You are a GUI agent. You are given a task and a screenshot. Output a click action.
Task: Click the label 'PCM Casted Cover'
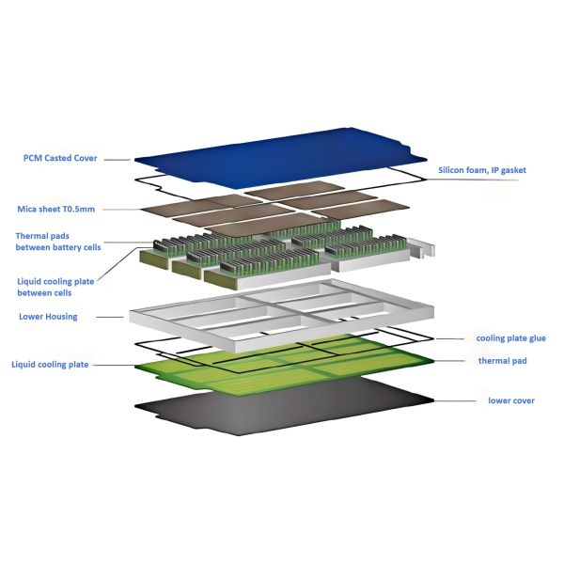click(60, 158)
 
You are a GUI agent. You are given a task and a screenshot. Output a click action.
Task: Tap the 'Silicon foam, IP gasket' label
click(482, 170)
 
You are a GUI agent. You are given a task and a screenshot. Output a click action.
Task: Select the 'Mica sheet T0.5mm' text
click(55, 209)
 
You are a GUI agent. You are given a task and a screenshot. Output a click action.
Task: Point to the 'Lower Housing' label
click(49, 317)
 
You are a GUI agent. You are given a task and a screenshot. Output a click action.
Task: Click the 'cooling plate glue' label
click(510, 338)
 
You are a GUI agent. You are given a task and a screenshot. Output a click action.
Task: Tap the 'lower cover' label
click(510, 400)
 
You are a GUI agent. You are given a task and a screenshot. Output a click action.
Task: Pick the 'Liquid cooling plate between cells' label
click(55, 286)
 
